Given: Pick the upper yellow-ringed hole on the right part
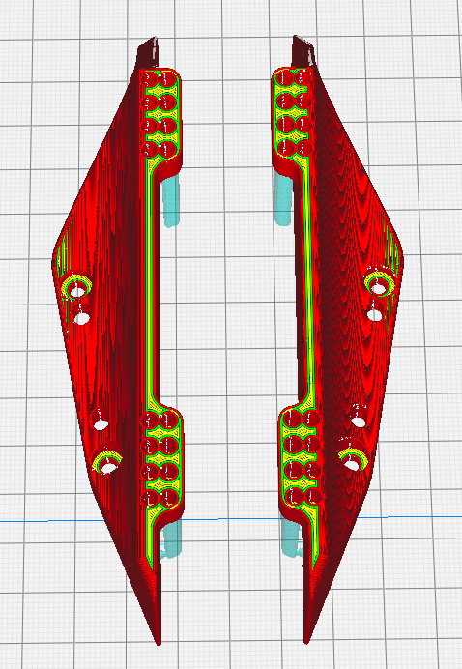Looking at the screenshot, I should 379,283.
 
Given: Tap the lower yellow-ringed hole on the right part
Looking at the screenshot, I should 352,459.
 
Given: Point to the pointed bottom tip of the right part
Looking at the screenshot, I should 307,638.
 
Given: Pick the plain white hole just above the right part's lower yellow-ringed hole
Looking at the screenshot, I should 358,417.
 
